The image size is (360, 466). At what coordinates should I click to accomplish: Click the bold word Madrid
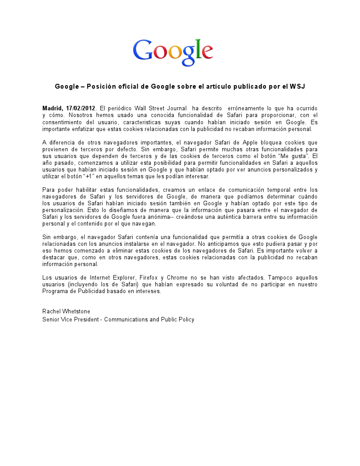53,109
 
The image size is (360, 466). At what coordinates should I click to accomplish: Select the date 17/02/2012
81,109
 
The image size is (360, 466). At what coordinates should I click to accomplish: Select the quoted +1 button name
88,176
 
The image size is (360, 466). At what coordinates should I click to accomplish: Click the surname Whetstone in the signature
76,312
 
